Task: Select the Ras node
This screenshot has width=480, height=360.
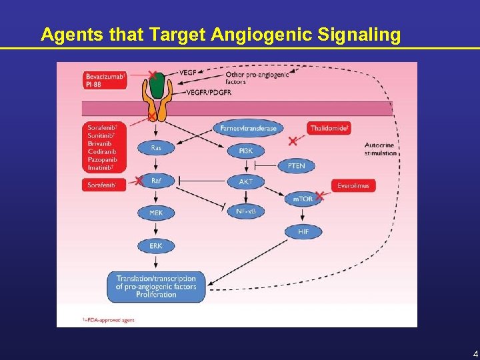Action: [x=155, y=149]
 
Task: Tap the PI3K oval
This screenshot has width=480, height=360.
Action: [x=245, y=151]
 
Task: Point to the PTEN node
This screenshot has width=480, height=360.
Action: [x=297, y=165]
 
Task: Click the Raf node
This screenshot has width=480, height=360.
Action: [x=155, y=181]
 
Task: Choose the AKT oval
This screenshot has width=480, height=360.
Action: [x=245, y=181]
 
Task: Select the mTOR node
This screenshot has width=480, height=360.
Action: [x=303, y=199]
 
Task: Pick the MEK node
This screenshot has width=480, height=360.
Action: [x=155, y=213]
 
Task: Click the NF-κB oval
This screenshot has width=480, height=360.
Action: [x=245, y=212]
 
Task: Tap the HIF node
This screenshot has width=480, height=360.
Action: [x=303, y=231]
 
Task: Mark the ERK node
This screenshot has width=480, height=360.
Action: [x=155, y=246]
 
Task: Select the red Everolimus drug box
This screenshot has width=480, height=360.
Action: [x=353, y=185]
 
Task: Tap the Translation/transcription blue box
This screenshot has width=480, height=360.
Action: [x=156, y=287]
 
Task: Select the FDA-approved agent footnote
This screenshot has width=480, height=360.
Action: [x=108, y=320]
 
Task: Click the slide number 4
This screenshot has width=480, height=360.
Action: [x=475, y=353]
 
